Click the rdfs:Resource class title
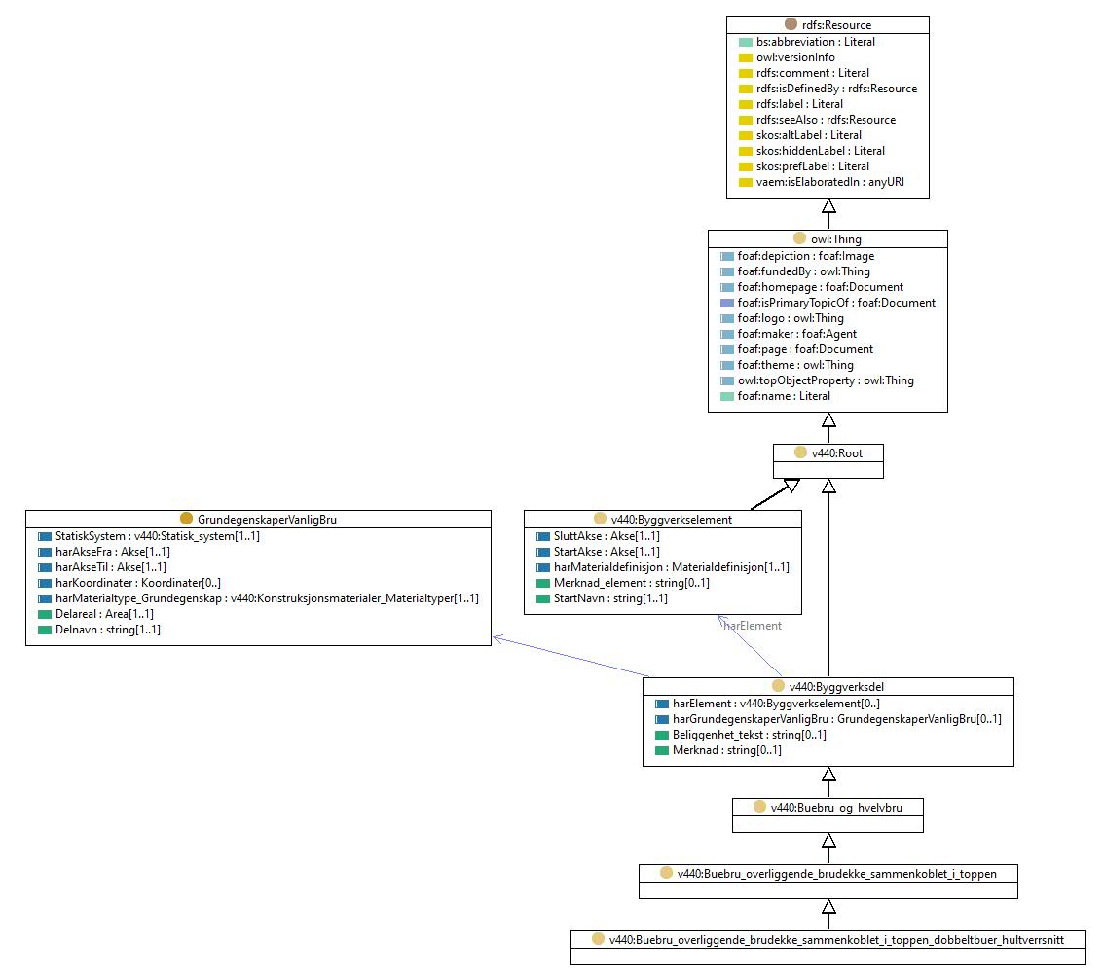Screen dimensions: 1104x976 [x=836, y=25]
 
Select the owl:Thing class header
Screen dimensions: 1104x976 [x=835, y=239]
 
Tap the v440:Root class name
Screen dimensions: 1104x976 [x=836, y=453]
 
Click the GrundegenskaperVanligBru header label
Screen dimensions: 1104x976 [x=267, y=520]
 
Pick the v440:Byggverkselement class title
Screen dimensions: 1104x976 [x=671, y=520]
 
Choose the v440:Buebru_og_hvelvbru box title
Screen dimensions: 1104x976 [x=836, y=808]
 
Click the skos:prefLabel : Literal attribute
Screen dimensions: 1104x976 [x=813, y=166]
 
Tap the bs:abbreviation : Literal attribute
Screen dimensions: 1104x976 [x=815, y=42]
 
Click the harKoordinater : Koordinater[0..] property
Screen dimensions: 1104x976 [x=138, y=583]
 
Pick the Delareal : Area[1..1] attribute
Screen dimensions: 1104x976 [x=104, y=614]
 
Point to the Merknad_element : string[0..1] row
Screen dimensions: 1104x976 [x=632, y=583]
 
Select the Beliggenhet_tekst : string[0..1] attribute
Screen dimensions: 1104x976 [x=750, y=735]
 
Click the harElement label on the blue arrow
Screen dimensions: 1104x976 [x=752, y=626]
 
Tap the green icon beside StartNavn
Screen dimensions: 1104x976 [x=543, y=598]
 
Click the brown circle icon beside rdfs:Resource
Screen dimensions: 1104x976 [x=791, y=24]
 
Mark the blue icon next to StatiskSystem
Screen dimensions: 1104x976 [x=45, y=536]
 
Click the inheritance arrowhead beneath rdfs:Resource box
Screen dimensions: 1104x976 [x=828, y=205]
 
